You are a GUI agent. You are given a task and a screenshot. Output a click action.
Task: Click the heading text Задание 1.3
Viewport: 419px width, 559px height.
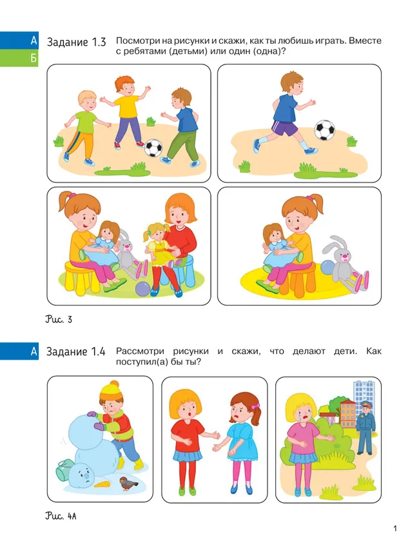click(77, 42)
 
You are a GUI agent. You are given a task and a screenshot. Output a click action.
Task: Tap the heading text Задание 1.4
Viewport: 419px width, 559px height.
click(76, 352)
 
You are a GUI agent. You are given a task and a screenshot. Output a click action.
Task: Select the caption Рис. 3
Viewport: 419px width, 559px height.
click(59, 319)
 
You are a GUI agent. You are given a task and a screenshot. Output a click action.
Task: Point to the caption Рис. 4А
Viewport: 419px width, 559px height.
click(61, 516)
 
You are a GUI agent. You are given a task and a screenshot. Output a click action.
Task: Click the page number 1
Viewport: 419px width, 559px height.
click(395, 528)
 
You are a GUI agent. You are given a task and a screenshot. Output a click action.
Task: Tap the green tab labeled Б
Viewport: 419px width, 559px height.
click(19, 58)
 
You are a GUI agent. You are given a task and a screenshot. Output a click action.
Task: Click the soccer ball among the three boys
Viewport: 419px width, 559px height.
click(153, 148)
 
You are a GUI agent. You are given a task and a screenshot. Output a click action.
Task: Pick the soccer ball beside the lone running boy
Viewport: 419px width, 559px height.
click(324, 130)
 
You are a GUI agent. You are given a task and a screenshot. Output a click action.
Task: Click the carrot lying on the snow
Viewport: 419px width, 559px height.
click(102, 484)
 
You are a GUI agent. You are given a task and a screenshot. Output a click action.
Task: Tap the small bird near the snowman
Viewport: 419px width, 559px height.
click(128, 484)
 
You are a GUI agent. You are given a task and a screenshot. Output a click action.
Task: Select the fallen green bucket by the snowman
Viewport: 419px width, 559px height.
click(63, 469)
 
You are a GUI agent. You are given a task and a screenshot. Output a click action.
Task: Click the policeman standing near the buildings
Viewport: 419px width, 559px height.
click(366, 427)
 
